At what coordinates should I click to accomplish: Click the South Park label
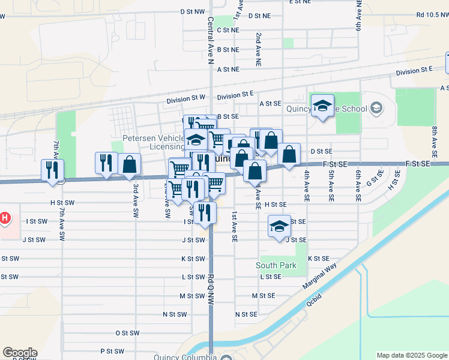click(276, 265)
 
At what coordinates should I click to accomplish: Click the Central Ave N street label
click(211, 40)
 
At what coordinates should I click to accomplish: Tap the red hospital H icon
click(4, 217)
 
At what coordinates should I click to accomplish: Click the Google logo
click(20, 353)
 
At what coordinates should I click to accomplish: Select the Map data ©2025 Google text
click(412, 355)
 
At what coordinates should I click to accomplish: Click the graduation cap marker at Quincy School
click(323, 106)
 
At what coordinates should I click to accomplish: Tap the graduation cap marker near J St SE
click(279, 227)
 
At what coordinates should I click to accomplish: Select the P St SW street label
click(112, 351)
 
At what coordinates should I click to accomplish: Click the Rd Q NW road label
click(211, 292)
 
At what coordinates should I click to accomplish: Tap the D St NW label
click(192, 11)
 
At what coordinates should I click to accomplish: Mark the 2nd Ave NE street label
click(259, 46)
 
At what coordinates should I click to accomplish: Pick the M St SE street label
click(263, 296)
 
